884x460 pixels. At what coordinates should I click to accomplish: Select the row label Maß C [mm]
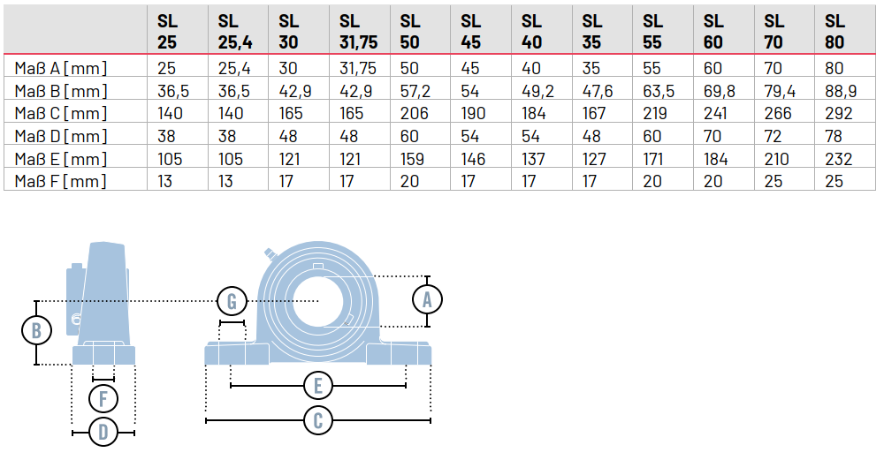pyautogui.click(x=60, y=113)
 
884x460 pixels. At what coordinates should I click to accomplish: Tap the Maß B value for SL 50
pyautogui.click(x=414, y=90)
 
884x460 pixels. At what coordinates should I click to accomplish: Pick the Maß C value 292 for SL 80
pyautogui.click(x=838, y=113)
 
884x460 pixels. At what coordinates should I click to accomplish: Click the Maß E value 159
pyautogui.click(x=412, y=158)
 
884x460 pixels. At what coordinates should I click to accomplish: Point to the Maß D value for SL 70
pyautogui.click(x=773, y=136)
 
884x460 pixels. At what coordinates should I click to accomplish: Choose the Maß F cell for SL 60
pyautogui.click(x=713, y=181)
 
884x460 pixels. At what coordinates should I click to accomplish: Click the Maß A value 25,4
pyautogui.click(x=233, y=68)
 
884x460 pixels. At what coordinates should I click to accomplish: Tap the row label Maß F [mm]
pyautogui.click(x=60, y=181)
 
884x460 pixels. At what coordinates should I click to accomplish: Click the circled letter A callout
pyautogui.click(x=427, y=299)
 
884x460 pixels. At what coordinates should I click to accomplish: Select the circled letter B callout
pyautogui.click(x=36, y=330)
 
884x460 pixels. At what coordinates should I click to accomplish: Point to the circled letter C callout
pyautogui.click(x=318, y=420)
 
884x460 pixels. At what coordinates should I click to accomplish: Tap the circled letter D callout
pyautogui.click(x=103, y=432)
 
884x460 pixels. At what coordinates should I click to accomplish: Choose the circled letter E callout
pyautogui.click(x=318, y=386)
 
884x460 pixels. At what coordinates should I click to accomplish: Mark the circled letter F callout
pyautogui.click(x=103, y=398)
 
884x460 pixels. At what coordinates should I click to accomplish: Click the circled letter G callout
pyautogui.click(x=232, y=301)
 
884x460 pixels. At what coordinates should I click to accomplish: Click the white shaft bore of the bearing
pyautogui.click(x=318, y=301)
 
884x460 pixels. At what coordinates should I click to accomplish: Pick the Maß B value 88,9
pyautogui.click(x=838, y=90)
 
